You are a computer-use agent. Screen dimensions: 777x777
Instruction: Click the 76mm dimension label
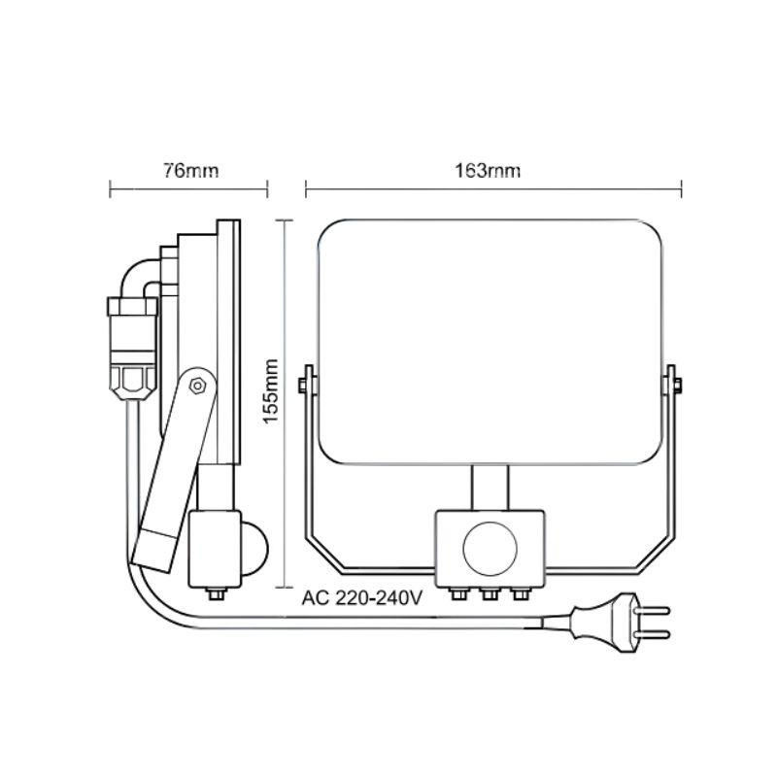(x=190, y=171)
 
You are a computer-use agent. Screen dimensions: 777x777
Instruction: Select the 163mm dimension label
(x=488, y=171)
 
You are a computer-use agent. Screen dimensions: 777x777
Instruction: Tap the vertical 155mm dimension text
(x=271, y=391)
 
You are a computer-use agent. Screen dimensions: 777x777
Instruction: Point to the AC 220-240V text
(x=361, y=598)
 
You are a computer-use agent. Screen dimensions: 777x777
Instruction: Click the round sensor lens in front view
(x=490, y=549)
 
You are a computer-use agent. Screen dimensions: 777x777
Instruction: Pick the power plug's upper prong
(x=652, y=611)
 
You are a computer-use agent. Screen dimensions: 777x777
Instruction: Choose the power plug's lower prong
(x=652, y=634)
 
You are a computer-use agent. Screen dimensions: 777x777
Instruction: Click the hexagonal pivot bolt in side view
(x=197, y=386)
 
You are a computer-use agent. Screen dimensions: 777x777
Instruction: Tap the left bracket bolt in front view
(x=302, y=384)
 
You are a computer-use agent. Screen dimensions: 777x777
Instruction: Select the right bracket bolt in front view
(x=677, y=384)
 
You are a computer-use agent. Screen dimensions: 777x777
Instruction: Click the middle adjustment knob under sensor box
(x=490, y=593)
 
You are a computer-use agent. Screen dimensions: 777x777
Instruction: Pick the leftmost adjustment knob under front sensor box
(x=458, y=593)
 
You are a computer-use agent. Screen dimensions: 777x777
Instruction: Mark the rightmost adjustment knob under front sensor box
(x=521, y=593)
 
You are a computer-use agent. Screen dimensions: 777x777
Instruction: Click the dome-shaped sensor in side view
(x=254, y=549)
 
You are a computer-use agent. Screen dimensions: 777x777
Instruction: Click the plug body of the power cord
(x=603, y=623)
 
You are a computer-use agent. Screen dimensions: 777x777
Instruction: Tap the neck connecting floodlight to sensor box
(x=490, y=489)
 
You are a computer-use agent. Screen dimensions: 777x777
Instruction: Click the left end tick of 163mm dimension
(x=306, y=188)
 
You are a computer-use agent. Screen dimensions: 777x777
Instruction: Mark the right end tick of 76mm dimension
(x=268, y=188)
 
